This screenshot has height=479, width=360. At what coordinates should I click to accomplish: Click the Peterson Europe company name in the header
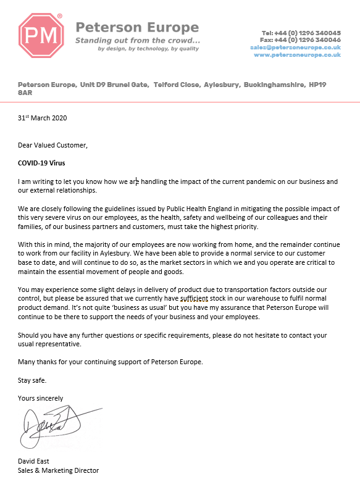[136, 28]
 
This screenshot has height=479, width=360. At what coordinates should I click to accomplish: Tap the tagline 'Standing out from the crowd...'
[137, 40]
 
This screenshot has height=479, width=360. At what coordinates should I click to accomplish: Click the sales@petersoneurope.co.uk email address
[295, 48]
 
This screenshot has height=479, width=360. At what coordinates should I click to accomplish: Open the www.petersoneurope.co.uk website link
[297, 55]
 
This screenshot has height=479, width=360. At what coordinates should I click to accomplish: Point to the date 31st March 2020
[42, 118]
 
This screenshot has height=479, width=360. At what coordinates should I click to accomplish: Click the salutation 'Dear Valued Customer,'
[53, 146]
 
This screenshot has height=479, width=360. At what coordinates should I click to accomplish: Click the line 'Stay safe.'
[32, 380]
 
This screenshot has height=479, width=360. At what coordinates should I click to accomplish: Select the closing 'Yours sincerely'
[41, 398]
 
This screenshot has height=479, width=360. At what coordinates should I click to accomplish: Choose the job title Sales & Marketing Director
[58, 470]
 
